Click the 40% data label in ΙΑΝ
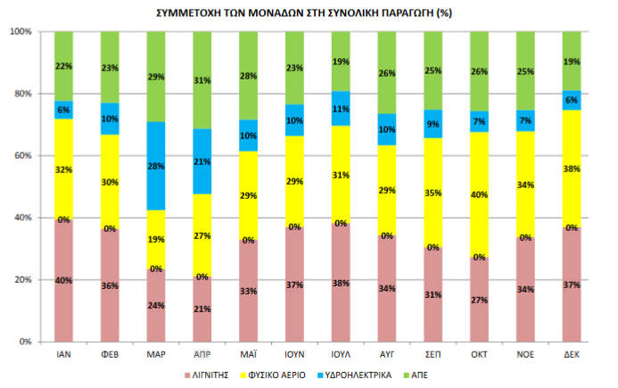click(63, 279)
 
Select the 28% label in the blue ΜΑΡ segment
click(156, 167)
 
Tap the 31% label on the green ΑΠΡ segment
click(202, 80)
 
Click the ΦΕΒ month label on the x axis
click(110, 354)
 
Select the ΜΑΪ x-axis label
click(249, 354)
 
